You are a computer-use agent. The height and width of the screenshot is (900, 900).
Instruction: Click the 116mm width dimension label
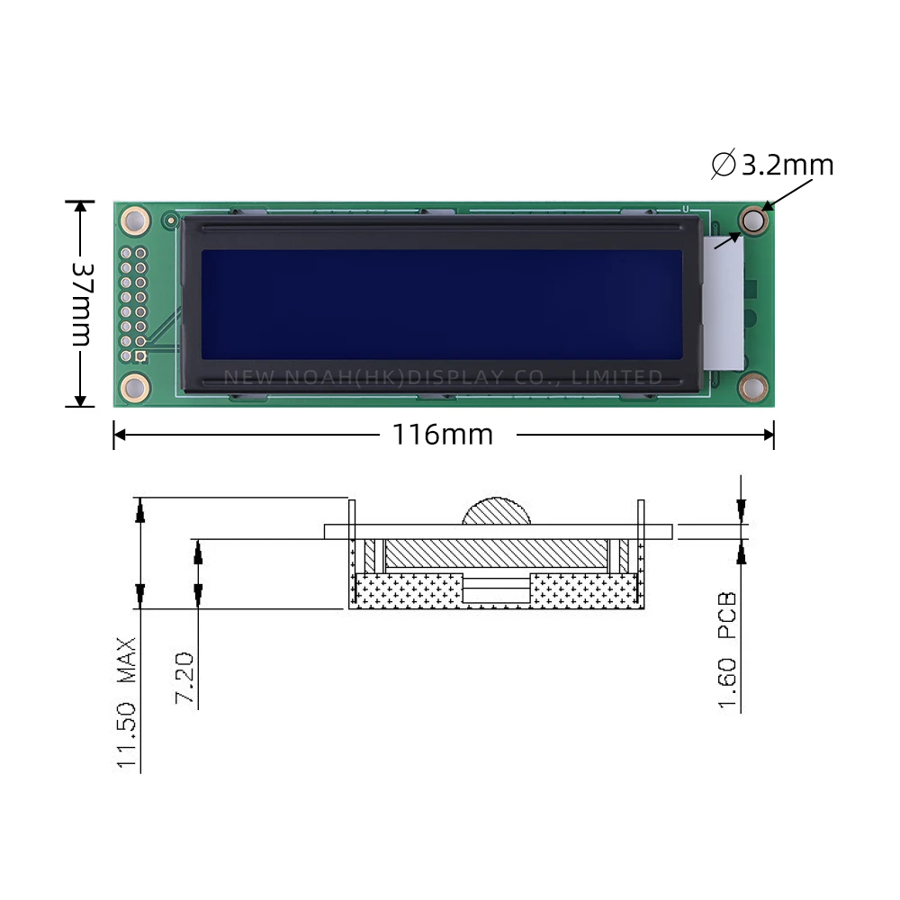click(442, 435)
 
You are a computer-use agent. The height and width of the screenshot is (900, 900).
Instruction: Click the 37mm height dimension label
click(81, 304)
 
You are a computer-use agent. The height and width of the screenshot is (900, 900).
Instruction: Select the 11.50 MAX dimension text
click(127, 704)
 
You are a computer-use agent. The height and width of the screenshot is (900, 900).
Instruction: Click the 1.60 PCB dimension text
click(728, 650)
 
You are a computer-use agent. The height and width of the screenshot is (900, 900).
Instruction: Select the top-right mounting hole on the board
click(753, 220)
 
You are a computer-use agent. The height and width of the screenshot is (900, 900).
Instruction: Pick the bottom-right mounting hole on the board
click(753, 388)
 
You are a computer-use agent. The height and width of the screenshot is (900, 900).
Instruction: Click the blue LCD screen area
click(441, 304)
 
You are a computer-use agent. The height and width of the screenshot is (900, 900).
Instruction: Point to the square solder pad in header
click(140, 356)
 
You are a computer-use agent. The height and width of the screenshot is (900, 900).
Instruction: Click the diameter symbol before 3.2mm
click(723, 165)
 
